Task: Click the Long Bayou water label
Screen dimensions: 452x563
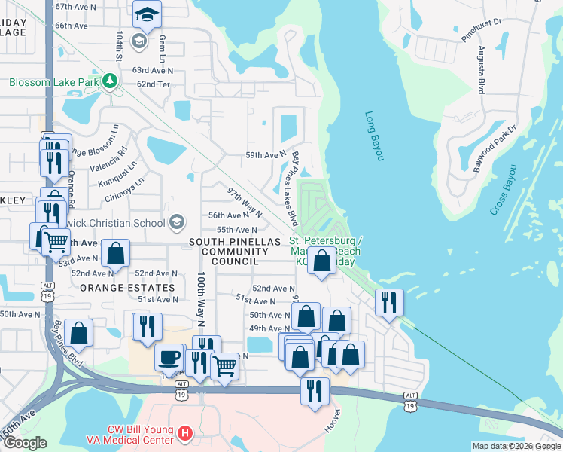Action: pos(374,136)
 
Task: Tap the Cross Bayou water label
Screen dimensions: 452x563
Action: pos(505,190)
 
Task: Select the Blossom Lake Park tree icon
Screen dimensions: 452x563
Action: pos(110,80)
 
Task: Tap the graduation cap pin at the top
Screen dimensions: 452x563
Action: pos(147,14)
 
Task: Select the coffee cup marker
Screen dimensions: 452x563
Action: pos(169,356)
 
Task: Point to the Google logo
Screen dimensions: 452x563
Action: pos(25,443)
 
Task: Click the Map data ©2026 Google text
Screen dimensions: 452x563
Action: pos(516,446)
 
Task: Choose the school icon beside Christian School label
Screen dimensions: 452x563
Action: pos(177,221)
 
